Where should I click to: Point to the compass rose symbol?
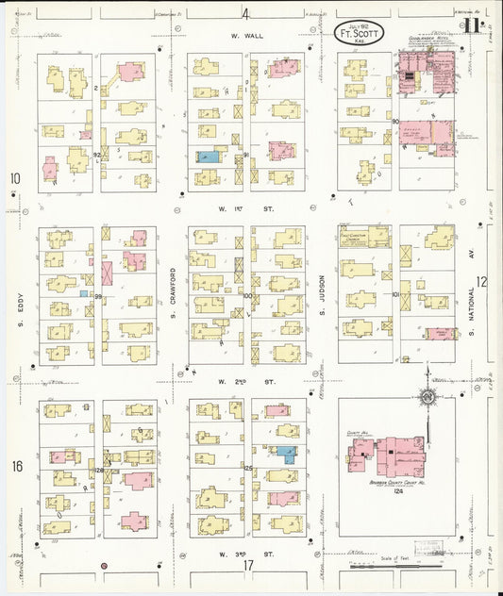coord(428,400)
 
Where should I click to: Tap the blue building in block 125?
coord(286,454)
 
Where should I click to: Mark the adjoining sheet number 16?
coord(16,465)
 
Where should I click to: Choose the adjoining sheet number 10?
coord(15,178)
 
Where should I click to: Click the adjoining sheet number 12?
coord(481,281)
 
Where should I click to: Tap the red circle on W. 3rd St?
coord(105,566)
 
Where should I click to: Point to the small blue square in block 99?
coord(84,294)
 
